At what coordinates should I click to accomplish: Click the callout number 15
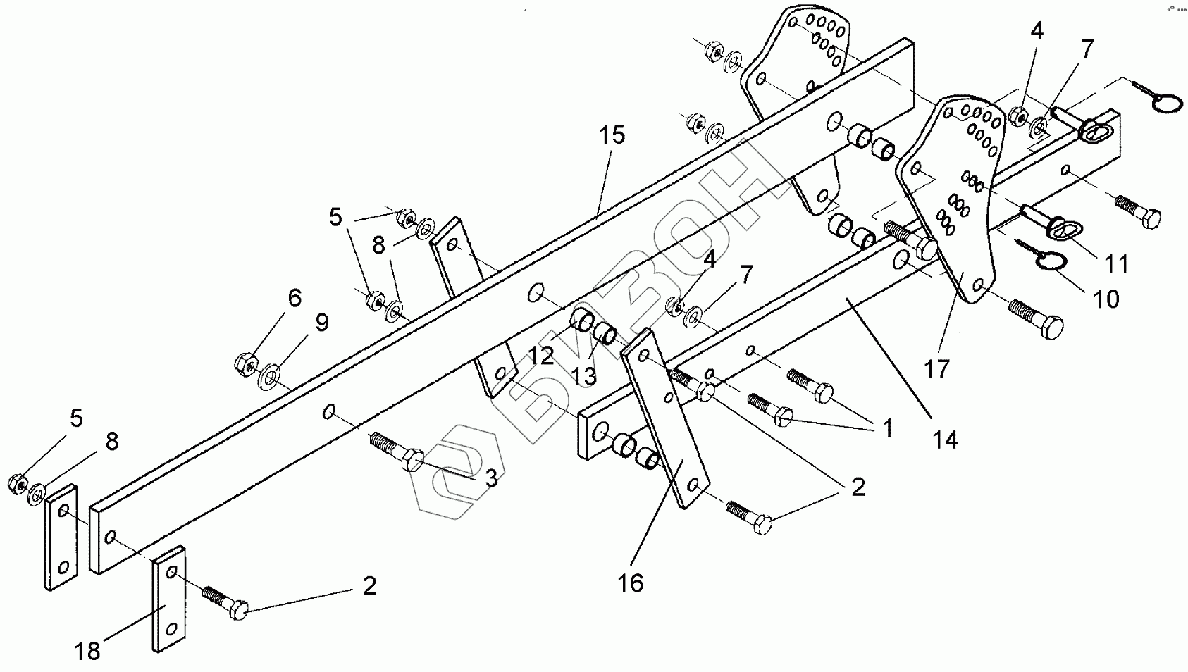[x=612, y=135]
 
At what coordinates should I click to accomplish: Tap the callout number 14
[x=945, y=440]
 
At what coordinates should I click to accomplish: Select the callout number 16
[x=631, y=583]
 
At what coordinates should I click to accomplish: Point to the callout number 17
[x=937, y=368]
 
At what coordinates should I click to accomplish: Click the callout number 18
[x=88, y=652]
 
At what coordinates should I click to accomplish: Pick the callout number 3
[x=490, y=478]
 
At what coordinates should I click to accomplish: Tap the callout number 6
[x=294, y=298]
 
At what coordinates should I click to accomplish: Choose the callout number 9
[x=321, y=323]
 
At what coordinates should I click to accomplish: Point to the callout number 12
[x=541, y=356]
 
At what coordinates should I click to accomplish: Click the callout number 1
[x=886, y=428]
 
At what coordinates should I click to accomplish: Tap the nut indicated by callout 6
[x=245, y=363]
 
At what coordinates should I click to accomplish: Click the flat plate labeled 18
[x=168, y=599]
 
